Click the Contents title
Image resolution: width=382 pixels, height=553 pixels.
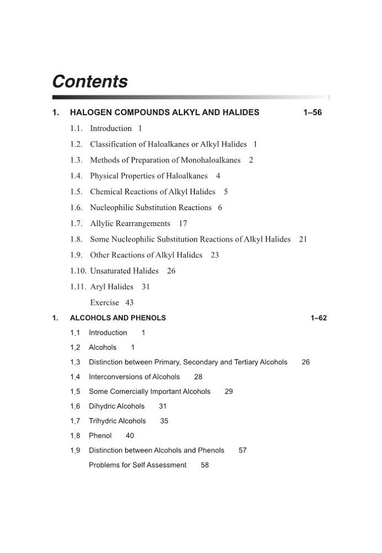tap(90, 82)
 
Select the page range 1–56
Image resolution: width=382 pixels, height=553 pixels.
tap(312, 113)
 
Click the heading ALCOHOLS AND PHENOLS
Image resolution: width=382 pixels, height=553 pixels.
tap(118, 318)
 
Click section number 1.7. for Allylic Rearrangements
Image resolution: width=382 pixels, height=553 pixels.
tap(76, 223)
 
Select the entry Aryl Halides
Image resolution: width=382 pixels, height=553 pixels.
tap(112, 287)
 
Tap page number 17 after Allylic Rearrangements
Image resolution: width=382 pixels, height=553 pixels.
tap(183, 223)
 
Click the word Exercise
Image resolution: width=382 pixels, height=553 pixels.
tap(105, 303)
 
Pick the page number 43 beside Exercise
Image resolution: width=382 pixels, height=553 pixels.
tap(130, 303)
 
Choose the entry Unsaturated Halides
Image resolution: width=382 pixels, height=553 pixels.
tap(125, 271)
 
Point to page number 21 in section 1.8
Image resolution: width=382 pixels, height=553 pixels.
tap(303, 239)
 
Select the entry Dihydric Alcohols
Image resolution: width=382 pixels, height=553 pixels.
tap(117, 406)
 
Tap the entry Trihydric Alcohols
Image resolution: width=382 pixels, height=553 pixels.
tap(117, 421)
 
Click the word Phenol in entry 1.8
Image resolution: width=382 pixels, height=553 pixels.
tap(100, 436)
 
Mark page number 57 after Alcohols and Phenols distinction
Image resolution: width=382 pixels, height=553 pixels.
tap(242, 451)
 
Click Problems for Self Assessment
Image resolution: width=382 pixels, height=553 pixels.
tap(138, 465)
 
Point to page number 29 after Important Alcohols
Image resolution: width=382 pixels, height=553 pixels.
tap(229, 392)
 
